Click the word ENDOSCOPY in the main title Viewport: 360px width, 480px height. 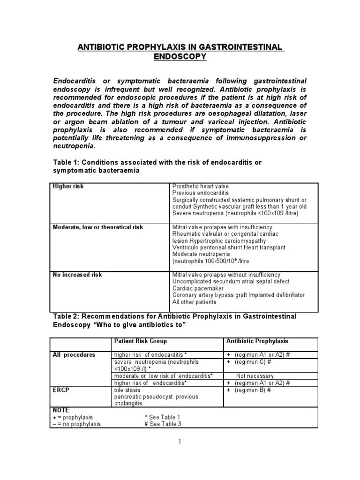(x=180, y=57)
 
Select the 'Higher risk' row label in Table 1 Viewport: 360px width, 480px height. (x=68, y=186)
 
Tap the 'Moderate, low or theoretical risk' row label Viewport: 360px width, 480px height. (x=98, y=227)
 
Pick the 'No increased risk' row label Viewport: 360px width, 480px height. (x=77, y=274)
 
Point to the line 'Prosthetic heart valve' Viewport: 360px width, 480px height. (x=201, y=186)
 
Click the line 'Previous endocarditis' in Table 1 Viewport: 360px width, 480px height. (x=201, y=193)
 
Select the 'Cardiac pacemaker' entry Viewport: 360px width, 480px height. (x=198, y=288)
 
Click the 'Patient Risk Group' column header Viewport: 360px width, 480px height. (x=140, y=341)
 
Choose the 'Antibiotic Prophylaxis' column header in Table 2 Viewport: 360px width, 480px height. (x=257, y=341)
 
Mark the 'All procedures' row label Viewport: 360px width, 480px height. (x=74, y=354)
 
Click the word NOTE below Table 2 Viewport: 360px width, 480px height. (x=61, y=410)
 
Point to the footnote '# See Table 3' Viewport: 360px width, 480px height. (x=163, y=424)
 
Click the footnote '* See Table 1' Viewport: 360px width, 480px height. (x=163, y=417)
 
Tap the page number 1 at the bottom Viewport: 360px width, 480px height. (x=180, y=441)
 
